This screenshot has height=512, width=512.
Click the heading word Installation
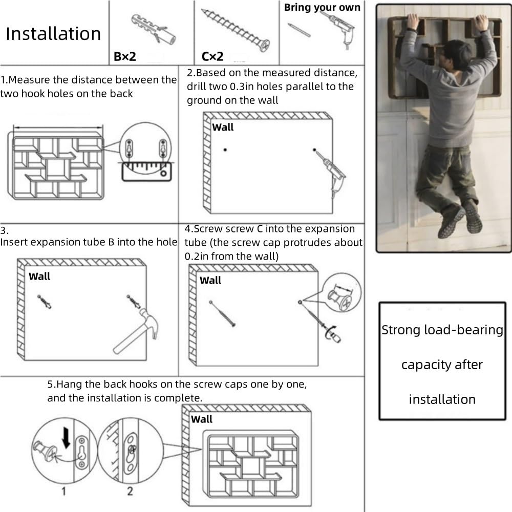coord(53,34)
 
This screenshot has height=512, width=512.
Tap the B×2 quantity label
coord(125,56)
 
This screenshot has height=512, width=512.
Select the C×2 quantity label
coord(212,56)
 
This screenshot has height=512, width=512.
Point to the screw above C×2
coord(236,30)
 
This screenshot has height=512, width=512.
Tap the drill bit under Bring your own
coord(299,30)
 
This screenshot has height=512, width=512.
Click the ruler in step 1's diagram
coord(146,172)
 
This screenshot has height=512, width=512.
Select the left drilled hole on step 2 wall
coord(225,150)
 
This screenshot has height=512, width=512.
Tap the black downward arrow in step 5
coord(66,438)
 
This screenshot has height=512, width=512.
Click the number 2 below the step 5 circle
coord(130,491)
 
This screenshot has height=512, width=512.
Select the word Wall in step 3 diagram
coord(39,276)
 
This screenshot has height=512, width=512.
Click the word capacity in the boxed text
coord(442,365)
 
